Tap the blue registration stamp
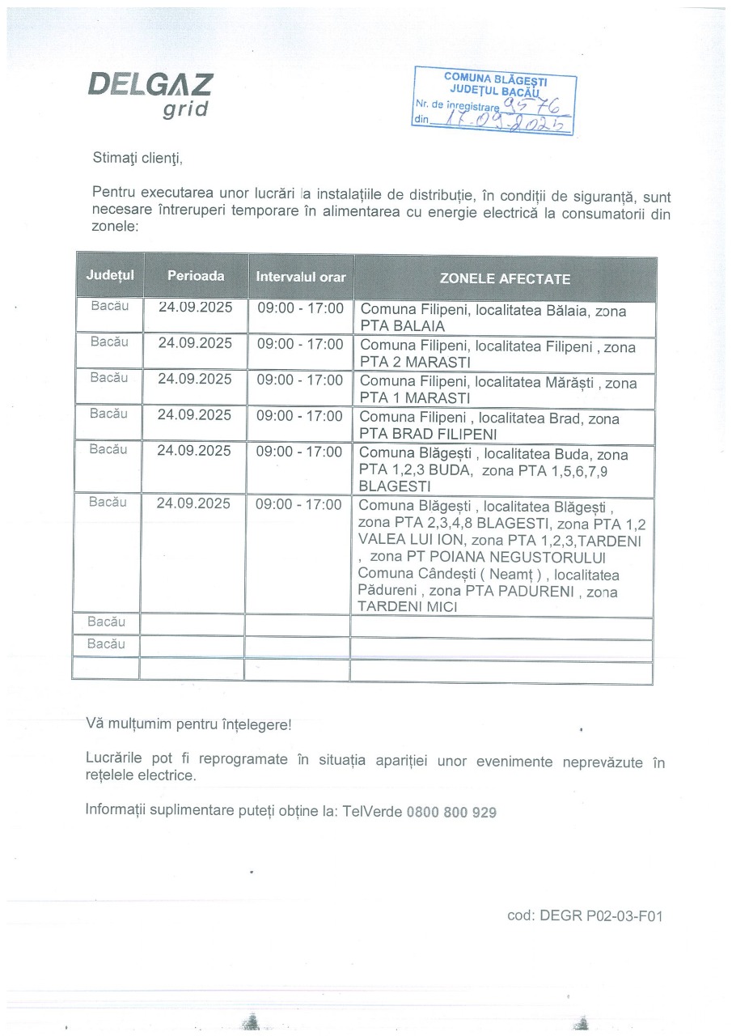[x=493, y=101]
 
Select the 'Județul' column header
[x=110, y=275]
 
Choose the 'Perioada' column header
[x=196, y=275]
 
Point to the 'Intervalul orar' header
[x=301, y=277]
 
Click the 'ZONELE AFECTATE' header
[x=505, y=278]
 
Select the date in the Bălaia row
[x=196, y=308]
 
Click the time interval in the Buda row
[x=299, y=452]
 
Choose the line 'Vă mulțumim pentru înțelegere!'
[x=188, y=724]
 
